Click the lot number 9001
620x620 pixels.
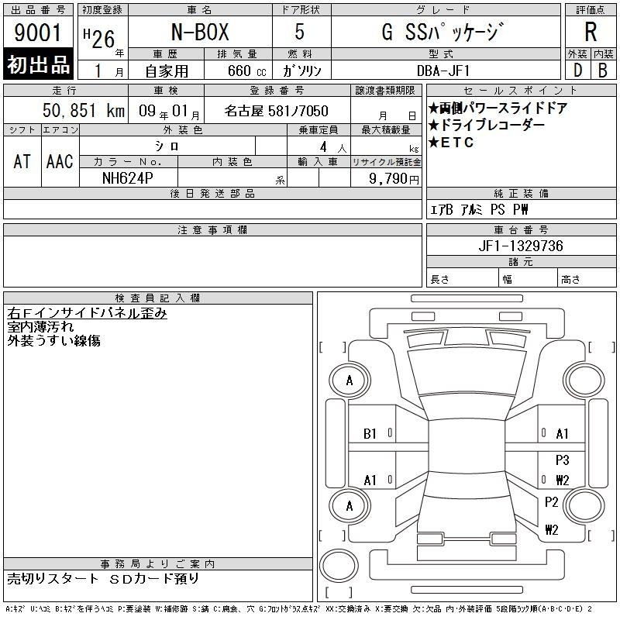pos(37,33)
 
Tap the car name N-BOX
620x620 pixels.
pos(200,32)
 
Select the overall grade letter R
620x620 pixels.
pos(591,32)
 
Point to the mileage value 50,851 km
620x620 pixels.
pos(84,111)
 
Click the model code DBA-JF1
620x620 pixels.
pos(443,71)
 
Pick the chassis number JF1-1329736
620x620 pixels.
pos(521,246)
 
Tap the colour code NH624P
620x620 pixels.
pos(127,178)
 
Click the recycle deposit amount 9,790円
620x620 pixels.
pos(394,179)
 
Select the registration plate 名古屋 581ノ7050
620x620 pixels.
pos(276,111)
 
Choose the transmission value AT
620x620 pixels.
pos(22,161)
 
